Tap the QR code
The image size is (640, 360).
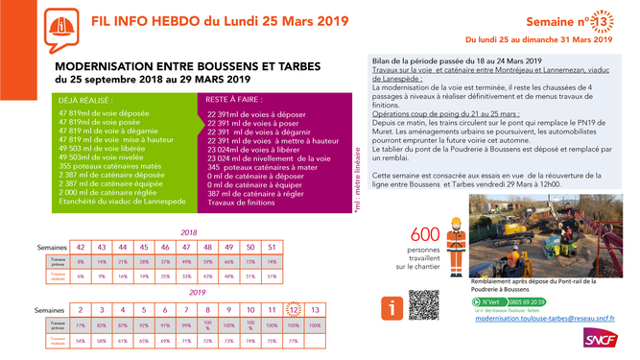point(423,305)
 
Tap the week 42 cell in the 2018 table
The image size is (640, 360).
point(82,247)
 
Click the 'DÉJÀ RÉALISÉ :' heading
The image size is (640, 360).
point(86,100)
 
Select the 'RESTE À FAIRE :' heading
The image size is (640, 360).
point(234,100)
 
